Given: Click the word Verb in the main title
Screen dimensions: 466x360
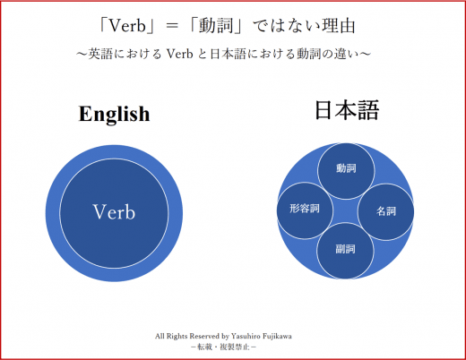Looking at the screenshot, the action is [x=127, y=26].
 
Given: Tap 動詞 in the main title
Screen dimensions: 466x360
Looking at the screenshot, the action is [x=216, y=26].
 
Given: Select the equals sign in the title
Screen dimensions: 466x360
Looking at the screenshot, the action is [x=172, y=26].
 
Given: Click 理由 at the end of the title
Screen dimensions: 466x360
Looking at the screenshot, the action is [x=338, y=26].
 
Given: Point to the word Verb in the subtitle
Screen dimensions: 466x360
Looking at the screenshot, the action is [x=180, y=54].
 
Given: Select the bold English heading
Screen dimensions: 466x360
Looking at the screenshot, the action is [x=114, y=114].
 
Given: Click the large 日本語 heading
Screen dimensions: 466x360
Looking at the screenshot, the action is [x=347, y=110].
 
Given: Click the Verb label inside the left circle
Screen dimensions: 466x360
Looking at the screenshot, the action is [x=114, y=212].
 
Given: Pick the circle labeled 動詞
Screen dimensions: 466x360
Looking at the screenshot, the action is [x=346, y=170].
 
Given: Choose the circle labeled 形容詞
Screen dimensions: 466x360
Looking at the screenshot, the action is [x=305, y=210].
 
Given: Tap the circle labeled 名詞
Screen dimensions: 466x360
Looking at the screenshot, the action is [x=386, y=212].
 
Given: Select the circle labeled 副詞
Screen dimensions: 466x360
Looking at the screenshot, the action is [x=345, y=251].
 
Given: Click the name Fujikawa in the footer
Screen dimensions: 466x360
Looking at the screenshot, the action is [x=276, y=337].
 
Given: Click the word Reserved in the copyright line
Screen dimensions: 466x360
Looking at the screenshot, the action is [x=204, y=337].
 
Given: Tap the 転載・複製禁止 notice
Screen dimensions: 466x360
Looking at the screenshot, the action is [x=223, y=347].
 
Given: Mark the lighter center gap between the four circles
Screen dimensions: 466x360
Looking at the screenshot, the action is [x=346, y=211].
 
